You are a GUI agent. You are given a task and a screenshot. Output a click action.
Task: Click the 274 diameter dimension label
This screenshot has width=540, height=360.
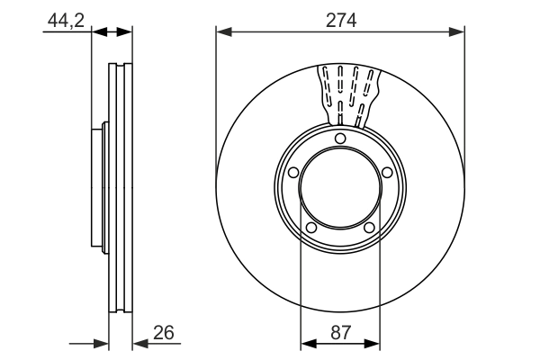point(340,21)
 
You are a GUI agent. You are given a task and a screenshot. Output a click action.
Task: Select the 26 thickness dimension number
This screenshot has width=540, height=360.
point(162,331)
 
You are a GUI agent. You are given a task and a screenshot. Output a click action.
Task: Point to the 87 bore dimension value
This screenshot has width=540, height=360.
point(340,331)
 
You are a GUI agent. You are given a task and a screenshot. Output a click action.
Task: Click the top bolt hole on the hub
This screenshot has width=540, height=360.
point(340,138)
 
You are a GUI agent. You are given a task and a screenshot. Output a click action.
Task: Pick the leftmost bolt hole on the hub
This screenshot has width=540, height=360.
point(293,173)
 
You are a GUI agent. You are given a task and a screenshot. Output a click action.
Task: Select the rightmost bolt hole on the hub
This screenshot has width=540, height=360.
point(387,173)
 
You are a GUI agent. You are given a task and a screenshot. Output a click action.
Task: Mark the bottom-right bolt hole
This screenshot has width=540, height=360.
point(369,228)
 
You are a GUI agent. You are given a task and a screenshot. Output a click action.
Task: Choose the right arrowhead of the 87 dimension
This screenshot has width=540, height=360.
point(374,343)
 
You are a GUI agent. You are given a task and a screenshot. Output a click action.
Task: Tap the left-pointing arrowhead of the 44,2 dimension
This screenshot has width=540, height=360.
point(98,31)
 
